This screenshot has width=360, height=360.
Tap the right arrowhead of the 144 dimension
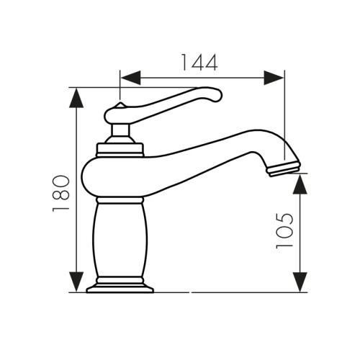274,78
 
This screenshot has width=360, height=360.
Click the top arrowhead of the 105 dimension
301,184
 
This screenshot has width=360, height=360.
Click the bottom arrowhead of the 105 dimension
301,282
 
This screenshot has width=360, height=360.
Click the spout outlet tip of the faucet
284,169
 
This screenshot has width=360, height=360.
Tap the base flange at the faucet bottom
120,289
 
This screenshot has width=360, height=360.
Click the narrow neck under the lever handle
120,131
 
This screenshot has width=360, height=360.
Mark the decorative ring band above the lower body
120,199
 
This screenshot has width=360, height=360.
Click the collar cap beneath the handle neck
120,149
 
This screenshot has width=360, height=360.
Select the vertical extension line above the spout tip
284,115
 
